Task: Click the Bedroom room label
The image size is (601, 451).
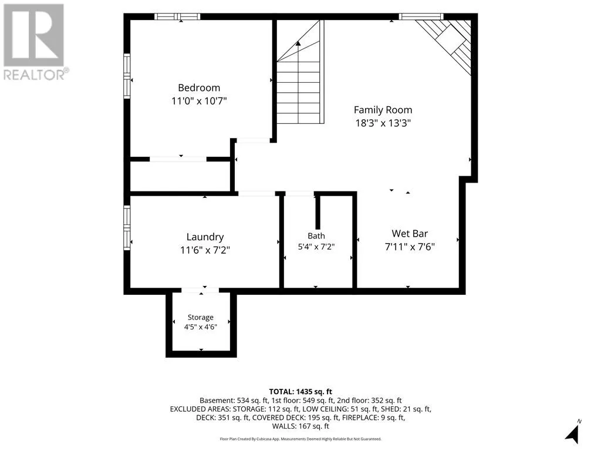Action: (199, 88)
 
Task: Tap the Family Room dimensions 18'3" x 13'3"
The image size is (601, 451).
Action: (383, 123)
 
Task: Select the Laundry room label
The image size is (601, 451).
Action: (205, 237)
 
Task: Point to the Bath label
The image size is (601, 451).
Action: (316, 236)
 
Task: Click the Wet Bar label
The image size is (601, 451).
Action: (410, 234)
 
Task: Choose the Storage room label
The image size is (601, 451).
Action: (201, 318)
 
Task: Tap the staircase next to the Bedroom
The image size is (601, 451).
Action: (300, 72)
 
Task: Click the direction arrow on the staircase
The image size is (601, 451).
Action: (298, 43)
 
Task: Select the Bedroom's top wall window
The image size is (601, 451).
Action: (177, 16)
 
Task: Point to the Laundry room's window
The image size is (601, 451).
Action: (127, 228)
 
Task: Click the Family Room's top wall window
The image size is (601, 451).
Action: (421, 16)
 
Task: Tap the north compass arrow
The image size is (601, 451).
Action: (573, 433)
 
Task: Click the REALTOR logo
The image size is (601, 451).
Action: (35, 42)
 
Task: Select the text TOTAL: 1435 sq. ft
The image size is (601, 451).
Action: (300, 392)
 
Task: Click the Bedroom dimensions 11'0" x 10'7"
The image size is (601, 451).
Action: (199, 101)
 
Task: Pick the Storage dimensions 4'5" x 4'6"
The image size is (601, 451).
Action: (201, 327)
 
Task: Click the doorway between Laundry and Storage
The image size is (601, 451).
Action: (200, 290)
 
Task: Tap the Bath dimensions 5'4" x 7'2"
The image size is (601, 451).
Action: (316, 247)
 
